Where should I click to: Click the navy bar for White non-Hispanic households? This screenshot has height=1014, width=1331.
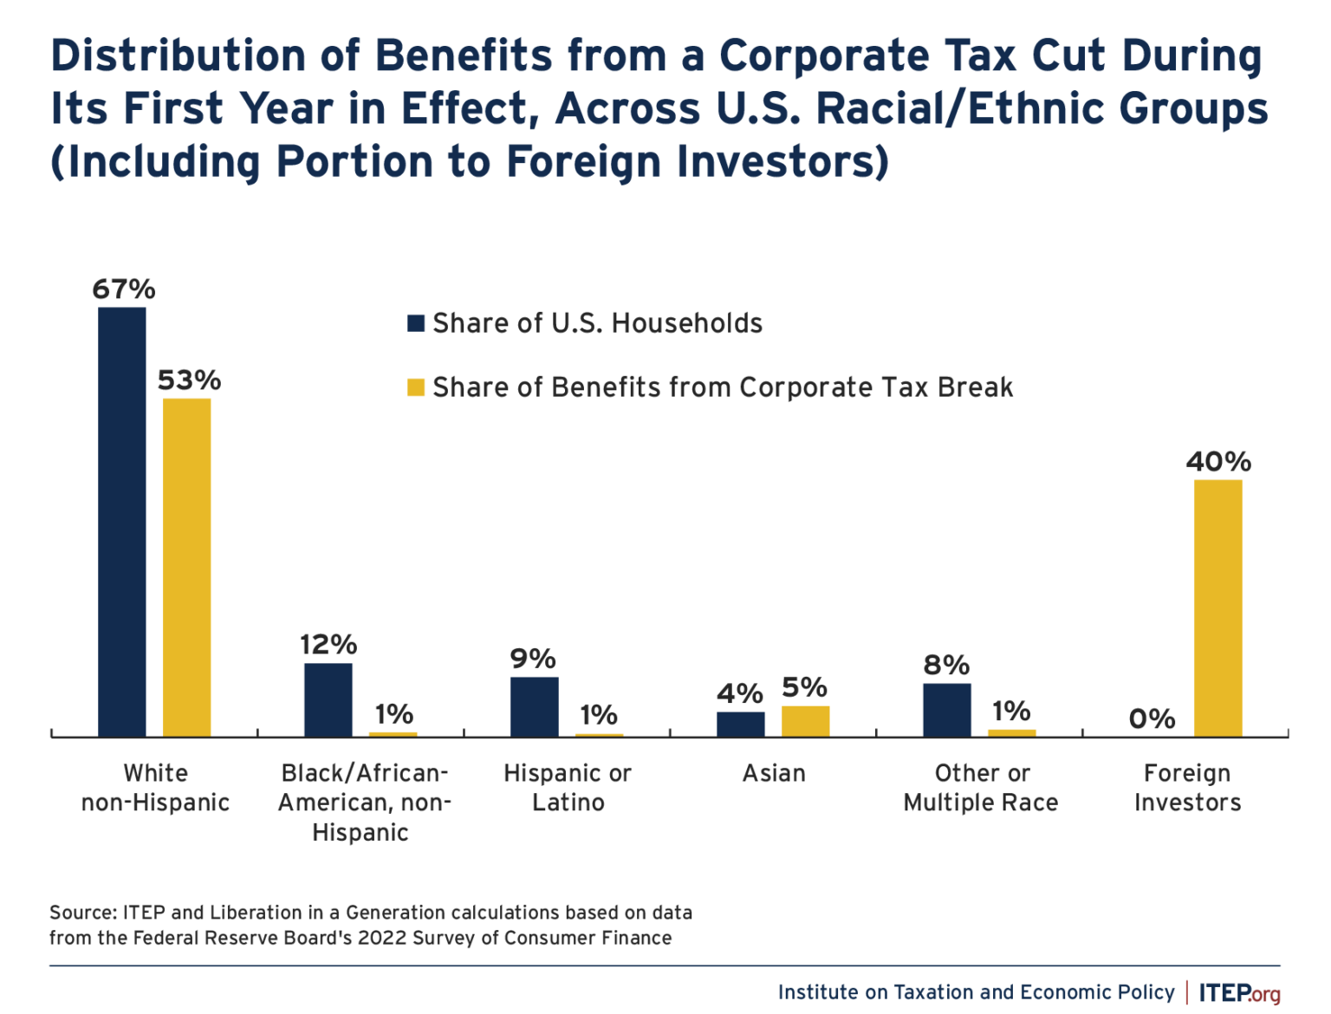click(121, 522)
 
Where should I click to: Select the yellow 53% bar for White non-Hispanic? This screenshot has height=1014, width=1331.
click(186, 568)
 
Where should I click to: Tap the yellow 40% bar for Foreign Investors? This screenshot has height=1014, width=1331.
click(1217, 608)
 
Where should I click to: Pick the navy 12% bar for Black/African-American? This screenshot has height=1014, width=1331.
click(328, 699)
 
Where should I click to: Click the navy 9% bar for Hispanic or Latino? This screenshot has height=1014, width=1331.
click(534, 706)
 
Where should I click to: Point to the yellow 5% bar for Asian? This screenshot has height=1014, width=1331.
click(805, 721)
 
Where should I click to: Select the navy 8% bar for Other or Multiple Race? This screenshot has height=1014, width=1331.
click(946, 710)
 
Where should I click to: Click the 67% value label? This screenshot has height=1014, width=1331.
click(124, 289)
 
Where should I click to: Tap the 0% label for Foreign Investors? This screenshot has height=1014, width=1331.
click(1152, 718)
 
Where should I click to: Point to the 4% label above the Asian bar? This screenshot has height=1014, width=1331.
click(739, 693)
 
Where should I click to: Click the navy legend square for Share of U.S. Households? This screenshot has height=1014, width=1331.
click(416, 323)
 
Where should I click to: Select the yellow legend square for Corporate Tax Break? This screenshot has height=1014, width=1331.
click(416, 387)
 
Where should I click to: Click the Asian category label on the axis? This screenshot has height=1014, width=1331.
click(774, 773)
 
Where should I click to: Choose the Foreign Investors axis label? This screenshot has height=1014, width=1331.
click(1187, 788)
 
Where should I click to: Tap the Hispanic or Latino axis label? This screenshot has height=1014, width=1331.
click(568, 788)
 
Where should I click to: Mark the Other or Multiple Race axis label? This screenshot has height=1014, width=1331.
click(981, 788)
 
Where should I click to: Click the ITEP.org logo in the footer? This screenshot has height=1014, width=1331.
click(1239, 992)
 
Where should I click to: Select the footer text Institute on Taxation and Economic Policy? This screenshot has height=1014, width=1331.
click(976, 992)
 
